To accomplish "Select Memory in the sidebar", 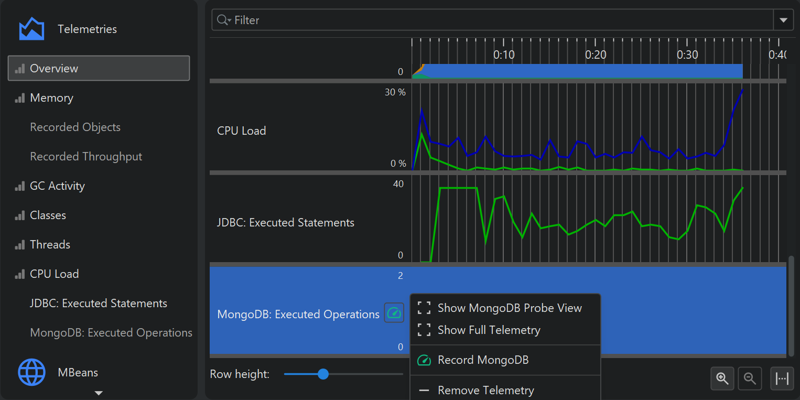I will pos(51,98).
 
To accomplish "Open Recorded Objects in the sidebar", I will pos(75,127).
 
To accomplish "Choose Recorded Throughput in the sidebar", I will pos(86,157).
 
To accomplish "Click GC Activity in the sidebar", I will pos(57,186).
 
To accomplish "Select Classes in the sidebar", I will pos(48,215).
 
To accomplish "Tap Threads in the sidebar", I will pos(50,245).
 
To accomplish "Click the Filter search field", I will pos(493,20).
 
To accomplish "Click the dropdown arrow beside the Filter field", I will pos(783,20).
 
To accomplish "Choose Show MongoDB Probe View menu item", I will pos(509,308).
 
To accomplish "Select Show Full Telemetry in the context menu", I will pos(489,330).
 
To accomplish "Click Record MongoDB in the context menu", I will pos(483,360).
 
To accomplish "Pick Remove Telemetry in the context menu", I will pos(485,391).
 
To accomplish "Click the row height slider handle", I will pos(323,374).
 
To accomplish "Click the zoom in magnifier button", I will pos(722,379).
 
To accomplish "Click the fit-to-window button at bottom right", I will pos(782,379).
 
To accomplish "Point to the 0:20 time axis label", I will pos(596,55).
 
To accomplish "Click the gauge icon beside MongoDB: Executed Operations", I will pos(394,313).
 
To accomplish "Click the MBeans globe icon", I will pos(31,372).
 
